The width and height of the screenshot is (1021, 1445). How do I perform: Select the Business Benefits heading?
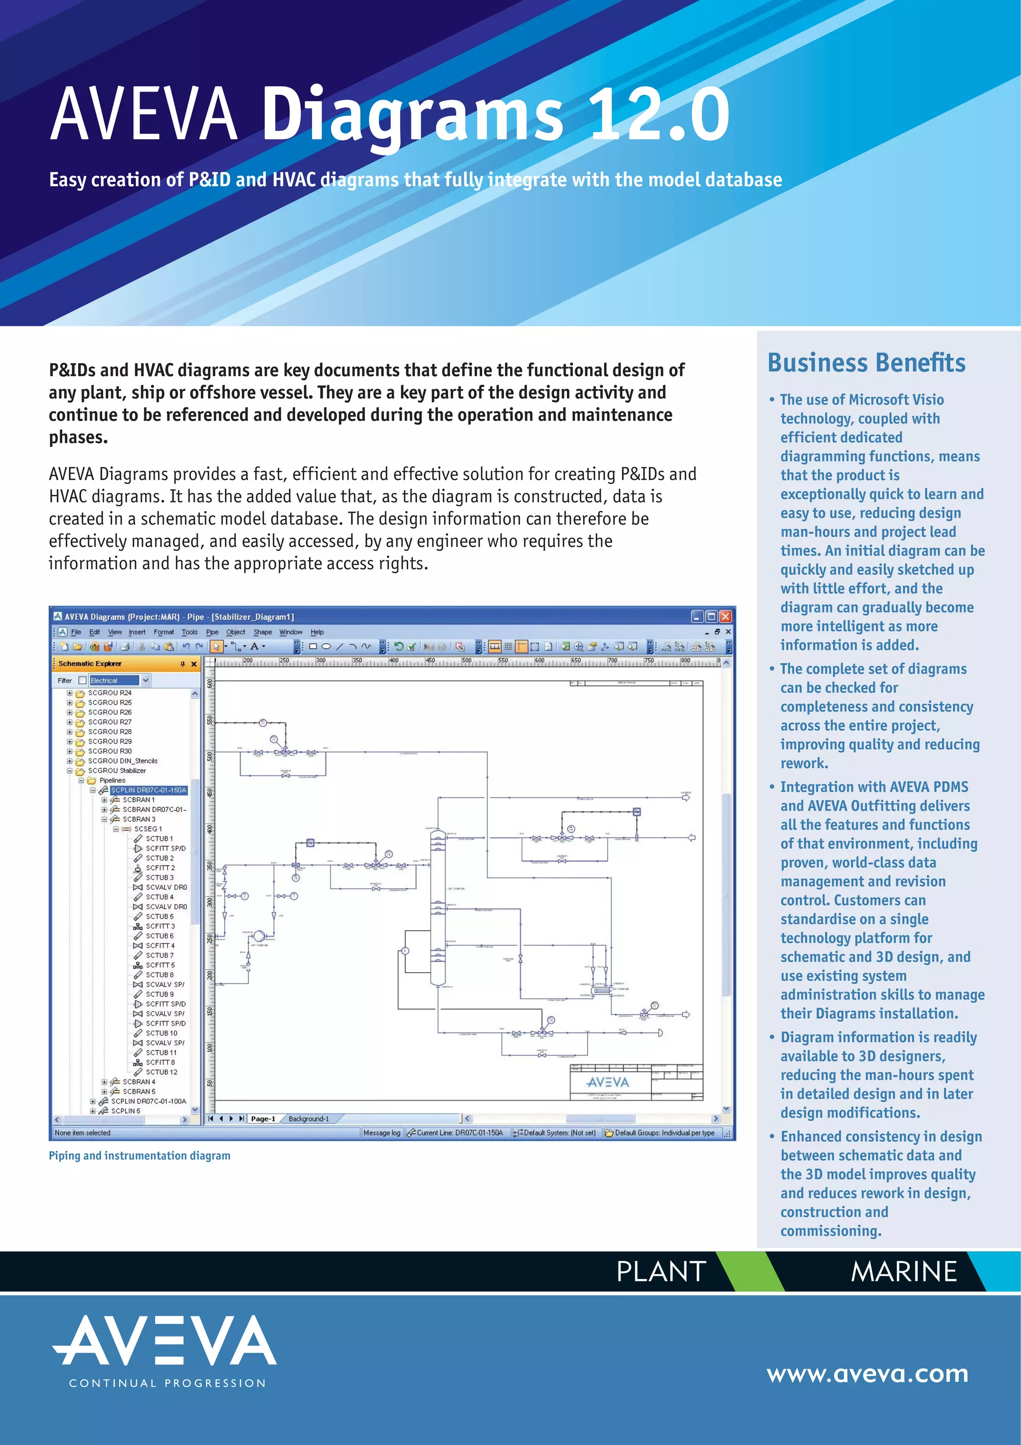pyautogui.click(x=866, y=363)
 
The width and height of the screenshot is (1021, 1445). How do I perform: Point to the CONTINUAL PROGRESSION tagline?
pyautogui.click(x=168, y=1383)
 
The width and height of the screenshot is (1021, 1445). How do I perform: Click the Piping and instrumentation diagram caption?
pyautogui.click(x=140, y=1156)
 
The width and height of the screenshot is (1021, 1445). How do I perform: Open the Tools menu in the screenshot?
pyautogui.click(x=189, y=632)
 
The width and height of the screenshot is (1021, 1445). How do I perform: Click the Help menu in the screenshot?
pyautogui.click(x=317, y=632)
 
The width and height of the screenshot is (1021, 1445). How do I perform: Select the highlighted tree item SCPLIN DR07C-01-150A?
pyautogui.click(x=149, y=790)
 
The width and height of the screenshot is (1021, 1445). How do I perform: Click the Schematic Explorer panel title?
pyautogui.click(x=90, y=663)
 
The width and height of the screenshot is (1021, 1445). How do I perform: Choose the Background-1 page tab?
pyautogui.click(x=308, y=1118)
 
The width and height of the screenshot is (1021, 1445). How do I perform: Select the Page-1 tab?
pyautogui.click(x=263, y=1118)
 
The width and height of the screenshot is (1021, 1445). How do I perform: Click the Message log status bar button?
pyautogui.click(x=381, y=1133)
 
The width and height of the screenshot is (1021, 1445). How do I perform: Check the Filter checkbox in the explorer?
pyautogui.click(x=82, y=680)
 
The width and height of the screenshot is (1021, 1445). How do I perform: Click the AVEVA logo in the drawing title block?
pyautogui.click(x=607, y=1082)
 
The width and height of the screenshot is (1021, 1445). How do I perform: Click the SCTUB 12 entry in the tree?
pyautogui.click(x=161, y=1072)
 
